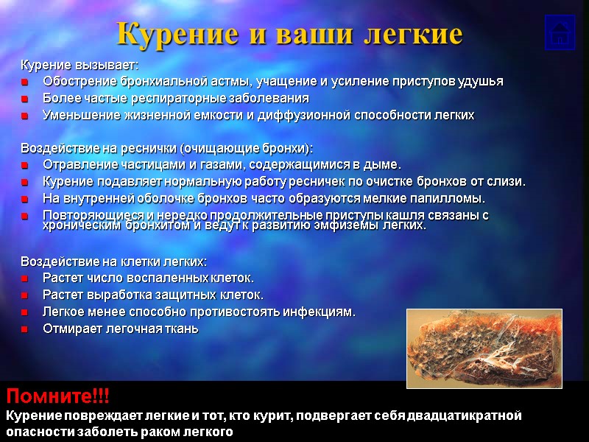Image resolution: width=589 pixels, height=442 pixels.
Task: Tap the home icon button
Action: pyautogui.click(x=560, y=32)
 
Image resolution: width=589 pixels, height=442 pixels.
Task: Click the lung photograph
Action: pyautogui.click(x=484, y=348)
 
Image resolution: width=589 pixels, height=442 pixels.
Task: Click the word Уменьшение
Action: pyautogui.click(x=78, y=116)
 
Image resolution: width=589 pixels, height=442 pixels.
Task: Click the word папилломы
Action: pyautogui.click(x=454, y=199)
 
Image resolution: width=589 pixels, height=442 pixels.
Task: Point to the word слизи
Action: pyautogui.click(x=509, y=181)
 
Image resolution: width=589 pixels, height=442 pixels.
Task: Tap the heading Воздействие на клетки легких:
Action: pyautogui.click(x=113, y=262)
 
